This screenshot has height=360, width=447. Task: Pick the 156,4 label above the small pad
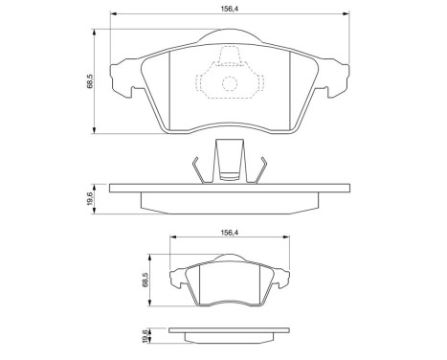tap(228, 231)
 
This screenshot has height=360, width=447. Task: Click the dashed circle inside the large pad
tap(229, 84)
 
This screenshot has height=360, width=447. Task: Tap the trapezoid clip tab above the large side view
tap(227, 157)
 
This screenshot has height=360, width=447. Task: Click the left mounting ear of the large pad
tap(122, 79)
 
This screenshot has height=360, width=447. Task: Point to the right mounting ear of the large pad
tap(334, 79)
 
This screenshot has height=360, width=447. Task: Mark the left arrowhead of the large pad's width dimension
tap(114, 16)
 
